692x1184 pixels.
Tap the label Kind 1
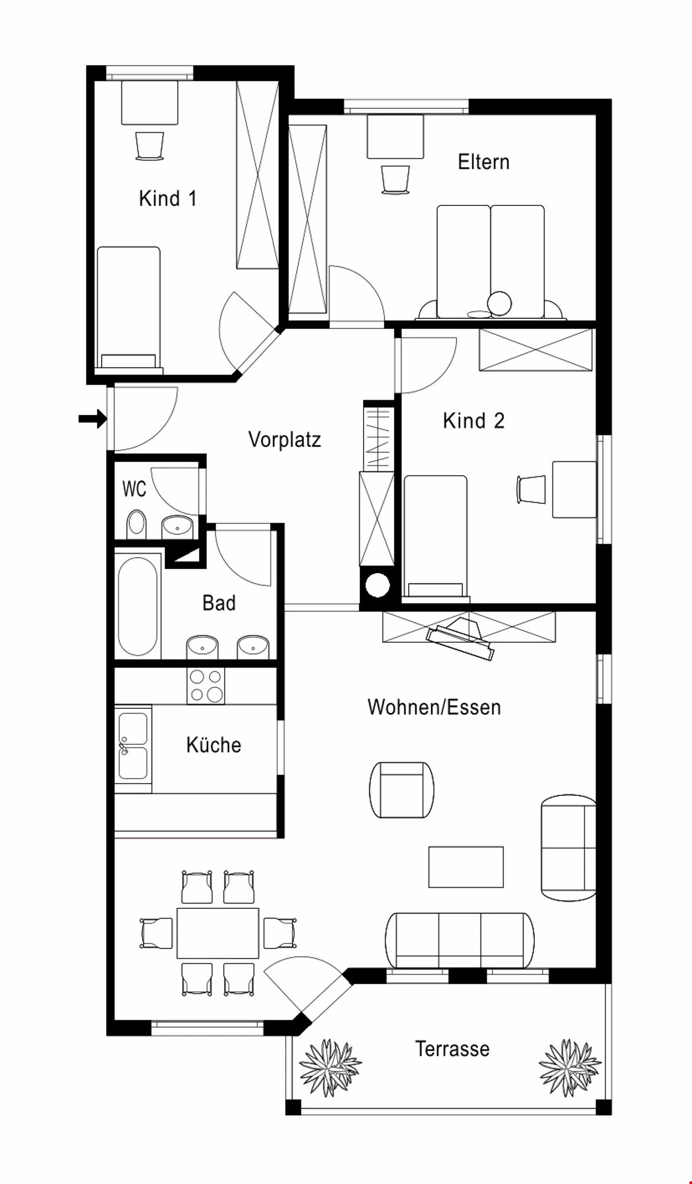(x=168, y=198)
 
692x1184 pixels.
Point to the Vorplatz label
(x=285, y=440)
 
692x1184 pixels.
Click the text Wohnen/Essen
(x=434, y=707)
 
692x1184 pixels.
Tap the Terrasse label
(x=452, y=1049)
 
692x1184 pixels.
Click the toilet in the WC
(x=137, y=524)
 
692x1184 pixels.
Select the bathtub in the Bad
(x=138, y=606)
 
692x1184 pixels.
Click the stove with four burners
(x=206, y=686)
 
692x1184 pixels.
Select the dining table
(x=218, y=933)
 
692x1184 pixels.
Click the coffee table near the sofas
(x=466, y=867)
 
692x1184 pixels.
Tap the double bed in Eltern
(x=491, y=262)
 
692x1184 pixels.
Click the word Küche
(x=214, y=745)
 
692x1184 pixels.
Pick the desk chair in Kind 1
(x=150, y=146)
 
